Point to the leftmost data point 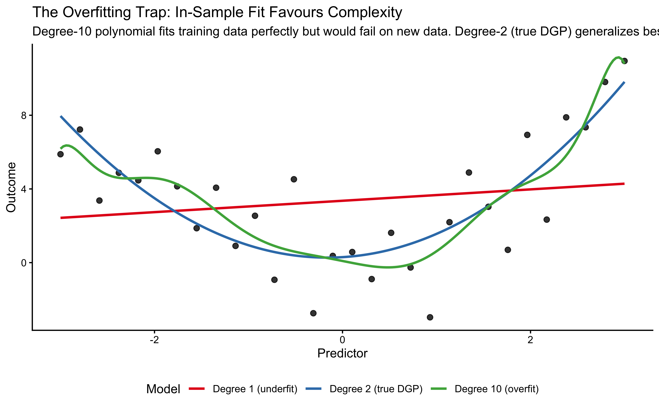[60, 154]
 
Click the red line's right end [624, 184]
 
